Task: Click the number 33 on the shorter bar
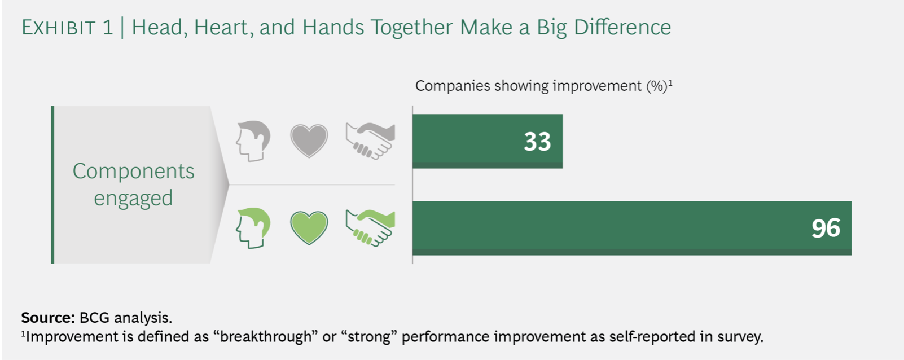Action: tap(537, 142)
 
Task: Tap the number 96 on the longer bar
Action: tap(826, 228)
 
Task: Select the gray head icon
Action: tap(253, 141)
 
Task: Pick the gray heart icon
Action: tap(309, 141)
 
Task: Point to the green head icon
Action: tap(253, 228)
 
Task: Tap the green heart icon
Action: tap(309, 227)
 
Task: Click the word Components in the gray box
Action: tap(134, 172)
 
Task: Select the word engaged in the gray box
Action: tap(133, 199)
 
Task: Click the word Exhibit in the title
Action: tap(59, 28)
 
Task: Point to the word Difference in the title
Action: tap(622, 28)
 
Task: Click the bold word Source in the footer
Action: tap(48, 318)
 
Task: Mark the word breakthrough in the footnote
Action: tap(266, 337)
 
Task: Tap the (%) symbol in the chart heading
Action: tap(657, 86)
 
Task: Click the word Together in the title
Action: tap(411, 28)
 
